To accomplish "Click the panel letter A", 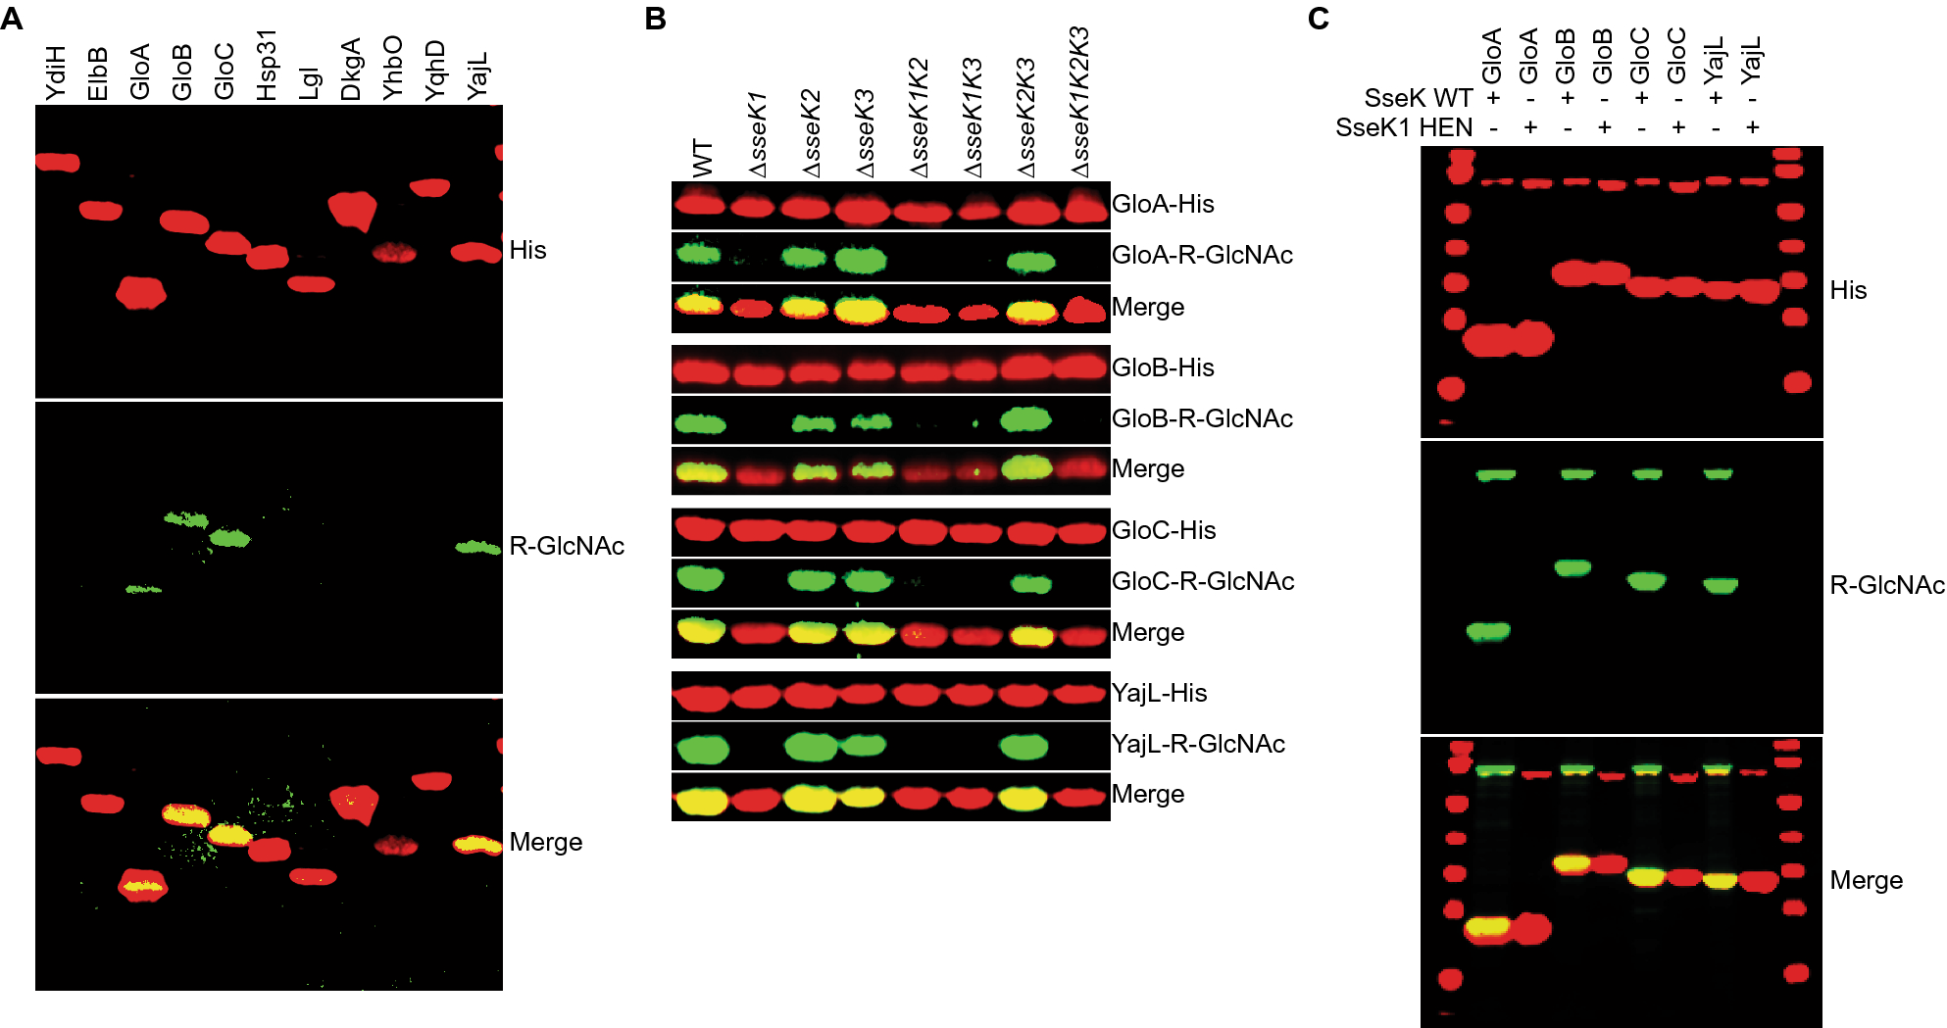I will tap(12, 18).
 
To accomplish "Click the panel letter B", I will tap(656, 18).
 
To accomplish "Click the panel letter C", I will tap(1319, 18).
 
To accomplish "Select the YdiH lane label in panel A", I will tap(56, 73).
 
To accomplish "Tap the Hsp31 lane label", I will tap(267, 65).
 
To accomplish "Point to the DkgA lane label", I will tap(351, 70).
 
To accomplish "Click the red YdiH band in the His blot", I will tap(58, 162).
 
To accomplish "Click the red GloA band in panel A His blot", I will tap(141, 292).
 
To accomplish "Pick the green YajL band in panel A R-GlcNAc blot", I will tap(477, 547).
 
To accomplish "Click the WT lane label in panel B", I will tap(703, 159).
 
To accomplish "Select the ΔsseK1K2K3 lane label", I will tap(1079, 103).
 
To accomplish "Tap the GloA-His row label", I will tap(1163, 204).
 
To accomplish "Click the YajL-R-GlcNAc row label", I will tap(1198, 744).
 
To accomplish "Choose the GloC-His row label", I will tap(1164, 530).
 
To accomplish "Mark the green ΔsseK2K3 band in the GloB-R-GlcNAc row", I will tap(1025, 419).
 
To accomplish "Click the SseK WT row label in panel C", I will tap(1418, 98).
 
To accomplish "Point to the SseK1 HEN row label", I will tap(1404, 127).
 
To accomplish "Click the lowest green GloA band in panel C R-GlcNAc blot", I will tap(1488, 631).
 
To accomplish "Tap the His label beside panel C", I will tap(1848, 290).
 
